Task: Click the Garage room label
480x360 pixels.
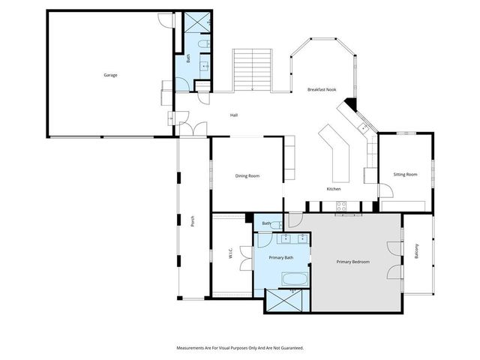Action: tap(110, 75)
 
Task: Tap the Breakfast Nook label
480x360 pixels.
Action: tap(322, 90)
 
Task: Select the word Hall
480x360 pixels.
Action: tap(234, 115)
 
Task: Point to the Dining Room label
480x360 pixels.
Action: tap(247, 175)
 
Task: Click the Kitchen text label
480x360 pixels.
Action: tap(334, 188)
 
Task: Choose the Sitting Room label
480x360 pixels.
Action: tap(405, 175)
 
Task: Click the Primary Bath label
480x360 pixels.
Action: tap(281, 257)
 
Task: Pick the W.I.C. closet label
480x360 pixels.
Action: tap(230, 254)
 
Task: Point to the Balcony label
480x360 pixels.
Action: tap(417, 253)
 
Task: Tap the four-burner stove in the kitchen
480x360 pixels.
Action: tap(341, 207)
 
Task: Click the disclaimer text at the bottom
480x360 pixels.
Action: tap(240, 348)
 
